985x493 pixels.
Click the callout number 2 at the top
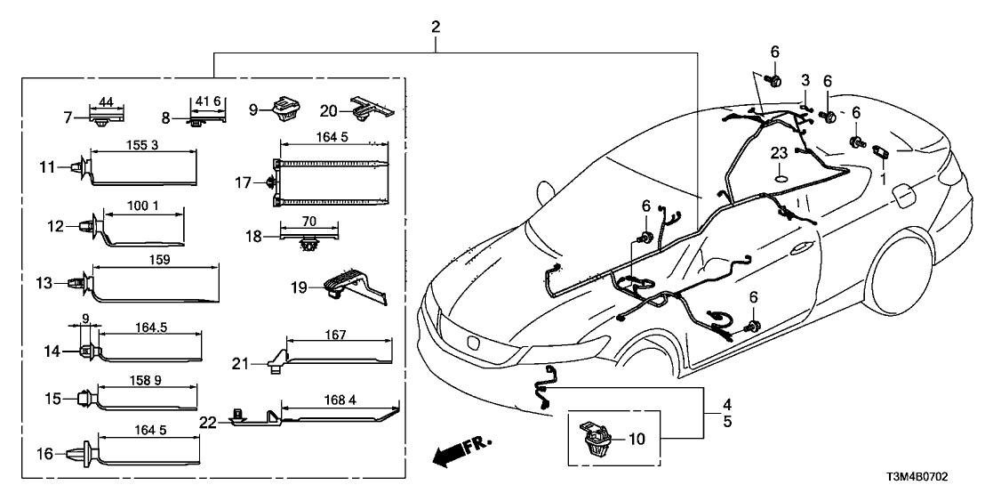[x=436, y=26]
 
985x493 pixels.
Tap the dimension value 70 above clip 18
[x=308, y=220]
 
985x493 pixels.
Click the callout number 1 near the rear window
[x=883, y=178]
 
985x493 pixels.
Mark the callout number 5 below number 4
[x=726, y=422]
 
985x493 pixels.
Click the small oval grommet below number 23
[x=780, y=178]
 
